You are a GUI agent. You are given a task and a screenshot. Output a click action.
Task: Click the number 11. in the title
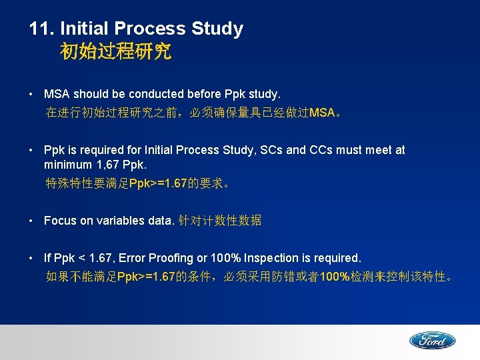click(x=42, y=29)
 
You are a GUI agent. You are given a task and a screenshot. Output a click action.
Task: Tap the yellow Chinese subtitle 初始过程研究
click(x=115, y=51)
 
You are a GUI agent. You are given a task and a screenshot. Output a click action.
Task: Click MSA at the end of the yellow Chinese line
click(x=323, y=113)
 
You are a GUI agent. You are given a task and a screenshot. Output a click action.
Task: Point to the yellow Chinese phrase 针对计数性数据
click(x=219, y=221)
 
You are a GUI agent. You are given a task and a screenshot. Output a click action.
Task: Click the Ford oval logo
click(x=432, y=341)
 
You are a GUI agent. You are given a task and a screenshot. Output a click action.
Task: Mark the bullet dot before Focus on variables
click(x=33, y=221)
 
